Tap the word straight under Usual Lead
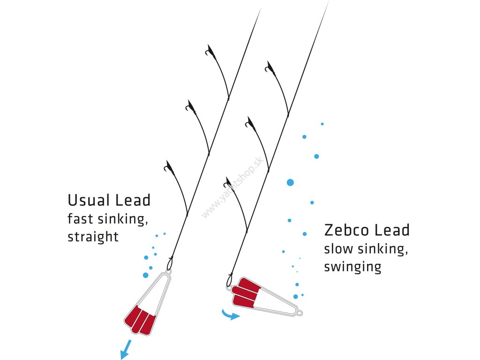point(93,237)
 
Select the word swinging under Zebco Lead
point(352,267)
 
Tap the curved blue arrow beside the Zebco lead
point(230,315)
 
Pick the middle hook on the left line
point(190,106)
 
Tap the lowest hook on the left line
point(168,167)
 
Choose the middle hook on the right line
point(249,124)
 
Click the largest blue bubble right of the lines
point(290,182)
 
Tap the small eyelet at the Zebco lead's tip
point(299,312)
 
